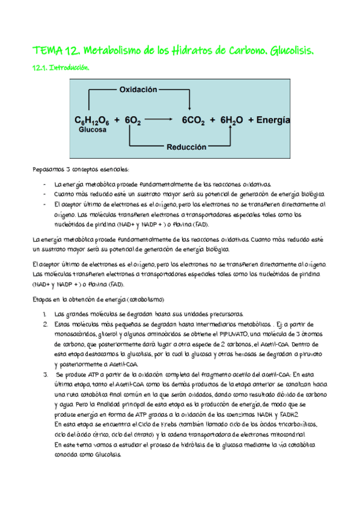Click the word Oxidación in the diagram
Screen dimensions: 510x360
(138, 90)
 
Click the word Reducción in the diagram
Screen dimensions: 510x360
(186, 147)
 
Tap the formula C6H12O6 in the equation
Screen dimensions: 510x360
(92, 120)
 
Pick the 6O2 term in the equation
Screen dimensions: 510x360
(132, 120)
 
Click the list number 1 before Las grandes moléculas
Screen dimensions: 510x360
(45, 314)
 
